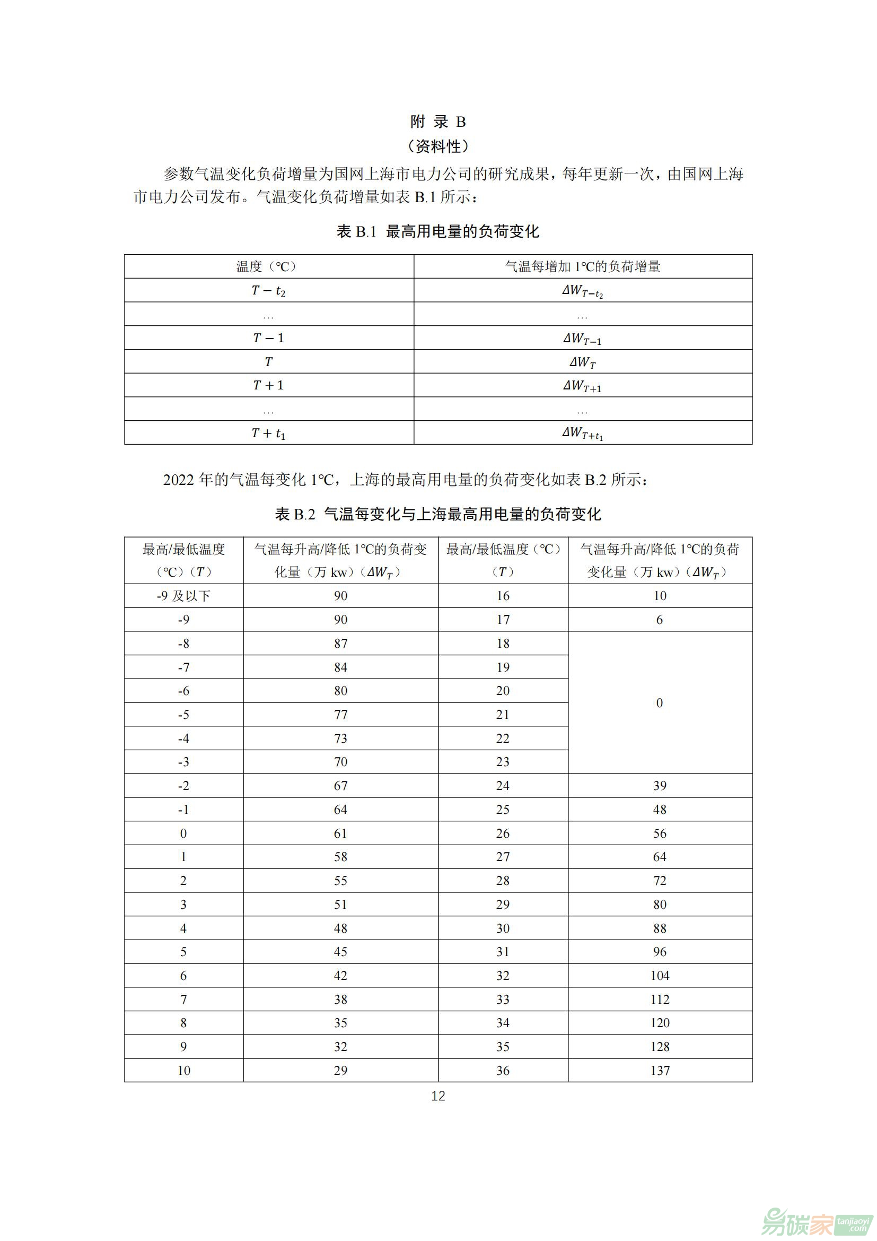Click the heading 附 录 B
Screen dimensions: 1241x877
pos(437,122)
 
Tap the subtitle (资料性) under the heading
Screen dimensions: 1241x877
pos(438,146)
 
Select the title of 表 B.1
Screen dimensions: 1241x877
pos(437,231)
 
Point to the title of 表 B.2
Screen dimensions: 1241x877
pos(437,514)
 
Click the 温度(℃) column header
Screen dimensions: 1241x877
pos(268,266)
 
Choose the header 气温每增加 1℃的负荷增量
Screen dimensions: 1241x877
pos(582,266)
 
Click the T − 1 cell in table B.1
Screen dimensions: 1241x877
pos(268,338)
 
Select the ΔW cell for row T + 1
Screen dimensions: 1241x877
pos(582,385)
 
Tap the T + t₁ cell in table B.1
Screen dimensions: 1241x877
pos(268,433)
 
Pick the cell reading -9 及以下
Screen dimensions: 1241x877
pos(183,596)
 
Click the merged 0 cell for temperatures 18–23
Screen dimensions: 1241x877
pos(660,702)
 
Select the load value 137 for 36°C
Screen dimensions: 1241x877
pos(660,1070)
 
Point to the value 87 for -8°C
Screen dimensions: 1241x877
pos(340,643)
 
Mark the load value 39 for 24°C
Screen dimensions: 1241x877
pos(660,785)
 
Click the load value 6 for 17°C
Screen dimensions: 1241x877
pos(660,619)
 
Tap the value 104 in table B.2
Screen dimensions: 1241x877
pos(660,975)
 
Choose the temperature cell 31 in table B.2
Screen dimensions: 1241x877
pos(503,951)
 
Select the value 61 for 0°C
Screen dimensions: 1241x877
pos(340,833)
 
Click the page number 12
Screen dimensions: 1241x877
pos(438,1096)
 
